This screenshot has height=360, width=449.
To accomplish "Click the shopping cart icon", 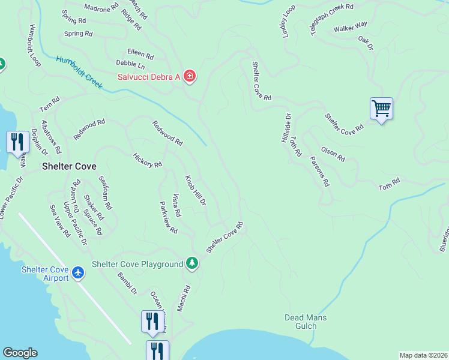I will click(x=381, y=109).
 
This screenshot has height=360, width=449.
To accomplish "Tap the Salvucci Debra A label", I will click(x=148, y=76).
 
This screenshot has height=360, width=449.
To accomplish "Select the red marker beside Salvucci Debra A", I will click(x=190, y=76).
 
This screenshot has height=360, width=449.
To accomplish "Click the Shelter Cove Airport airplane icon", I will click(x=77, y=273).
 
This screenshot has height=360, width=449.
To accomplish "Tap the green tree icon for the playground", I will click(x=191, y=263).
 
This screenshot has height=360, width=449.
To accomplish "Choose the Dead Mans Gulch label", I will click(x=306, y=321).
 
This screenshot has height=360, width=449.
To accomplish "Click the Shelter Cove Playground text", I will click(x=137, y=264).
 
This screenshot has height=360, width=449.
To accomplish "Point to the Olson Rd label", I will click(x=333, y=154).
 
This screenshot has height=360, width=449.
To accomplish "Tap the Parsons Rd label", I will click(x=320, y=171).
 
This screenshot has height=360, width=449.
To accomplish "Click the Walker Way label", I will click(x=351, y=27).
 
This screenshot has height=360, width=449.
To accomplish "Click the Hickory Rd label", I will click(x=148, y=160).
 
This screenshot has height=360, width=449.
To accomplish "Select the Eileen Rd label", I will click(x=140, y=54).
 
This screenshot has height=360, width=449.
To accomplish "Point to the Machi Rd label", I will click(x=184, y=298).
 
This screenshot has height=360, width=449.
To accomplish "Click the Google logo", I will click(x=20, y=353).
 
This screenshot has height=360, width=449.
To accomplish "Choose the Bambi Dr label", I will click(x=127, y=283).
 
